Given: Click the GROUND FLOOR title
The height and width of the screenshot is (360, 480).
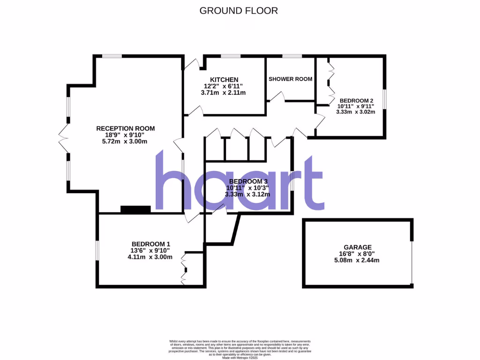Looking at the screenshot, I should pyautogui.click(x=239, y=10).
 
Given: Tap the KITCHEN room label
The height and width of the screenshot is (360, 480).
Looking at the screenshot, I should pyautogui.click(x=224, y=80).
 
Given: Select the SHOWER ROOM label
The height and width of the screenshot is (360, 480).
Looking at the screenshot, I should pyautogui.click(x=290, y=79).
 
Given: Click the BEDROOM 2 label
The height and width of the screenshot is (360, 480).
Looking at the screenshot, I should pyautogui.click(x=356, y=100).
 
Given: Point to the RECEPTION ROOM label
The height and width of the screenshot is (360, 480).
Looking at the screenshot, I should pyautogui.click(x=125, y=128).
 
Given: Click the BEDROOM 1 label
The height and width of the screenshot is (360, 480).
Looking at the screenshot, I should pyautogui.click(x=150, y=244).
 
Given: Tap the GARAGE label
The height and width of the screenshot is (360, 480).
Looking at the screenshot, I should pyautogui.click(x=358, y=247).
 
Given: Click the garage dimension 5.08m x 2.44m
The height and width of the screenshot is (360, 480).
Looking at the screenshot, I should pyautogui.click(x=358, y=260).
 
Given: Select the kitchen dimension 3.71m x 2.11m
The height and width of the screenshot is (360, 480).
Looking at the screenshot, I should pyautogui.click(x=223, y=92).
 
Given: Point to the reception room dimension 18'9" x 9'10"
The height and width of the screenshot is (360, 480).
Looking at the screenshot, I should pyautogui.click(x=125, y=135).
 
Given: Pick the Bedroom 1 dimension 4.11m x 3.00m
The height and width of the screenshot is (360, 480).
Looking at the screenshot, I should pyautogui.click(x=150, y=256).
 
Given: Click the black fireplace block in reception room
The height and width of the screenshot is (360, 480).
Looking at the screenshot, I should pyautogui.click(x=135, y=210).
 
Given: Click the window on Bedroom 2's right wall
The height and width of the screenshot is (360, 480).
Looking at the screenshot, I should pyautogui.click(x=384, y=100).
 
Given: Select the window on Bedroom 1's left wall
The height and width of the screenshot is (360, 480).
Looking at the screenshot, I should pyautogui.click(x=97, y=250).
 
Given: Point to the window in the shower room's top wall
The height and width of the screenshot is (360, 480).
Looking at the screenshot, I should pyautogui.click(x=292, y=56).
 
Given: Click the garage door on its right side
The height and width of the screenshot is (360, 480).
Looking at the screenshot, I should pyautogui.click(x=412, y=262).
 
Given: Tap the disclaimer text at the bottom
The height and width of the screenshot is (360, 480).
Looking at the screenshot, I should pyautogui.click(x=240, y=349).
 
